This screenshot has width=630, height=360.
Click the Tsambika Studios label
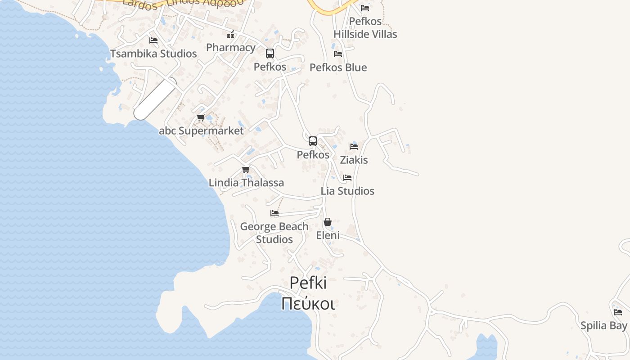tap(153, 54)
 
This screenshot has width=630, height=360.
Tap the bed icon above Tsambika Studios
tap(153, 40)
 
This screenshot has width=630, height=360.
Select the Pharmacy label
tap(231, 47)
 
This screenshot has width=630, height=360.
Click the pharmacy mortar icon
tap(230, 35)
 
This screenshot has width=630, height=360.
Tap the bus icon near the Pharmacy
tap(270, 54)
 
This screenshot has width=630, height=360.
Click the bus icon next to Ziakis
tap(313, 141)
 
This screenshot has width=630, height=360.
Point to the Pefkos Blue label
tap(338, 67)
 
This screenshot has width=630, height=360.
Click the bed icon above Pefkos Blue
tap(338, 54)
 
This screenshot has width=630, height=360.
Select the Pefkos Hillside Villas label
tap(365, 27)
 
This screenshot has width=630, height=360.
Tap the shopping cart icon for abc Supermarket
tap(201, 118)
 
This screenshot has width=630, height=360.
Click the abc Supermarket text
tap(201, 131)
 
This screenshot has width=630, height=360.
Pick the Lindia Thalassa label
tap(246, 183)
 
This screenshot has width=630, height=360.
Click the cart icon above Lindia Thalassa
tap(246, 170)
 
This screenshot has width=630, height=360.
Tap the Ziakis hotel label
tap(354, 160)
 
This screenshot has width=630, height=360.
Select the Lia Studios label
tap(347, 191)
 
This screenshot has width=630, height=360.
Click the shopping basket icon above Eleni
tap(328, 222)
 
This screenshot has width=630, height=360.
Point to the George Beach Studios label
tap(274, 233)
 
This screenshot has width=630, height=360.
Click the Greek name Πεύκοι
tap(308, 304)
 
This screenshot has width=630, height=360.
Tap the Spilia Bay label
tap(604, 325)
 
